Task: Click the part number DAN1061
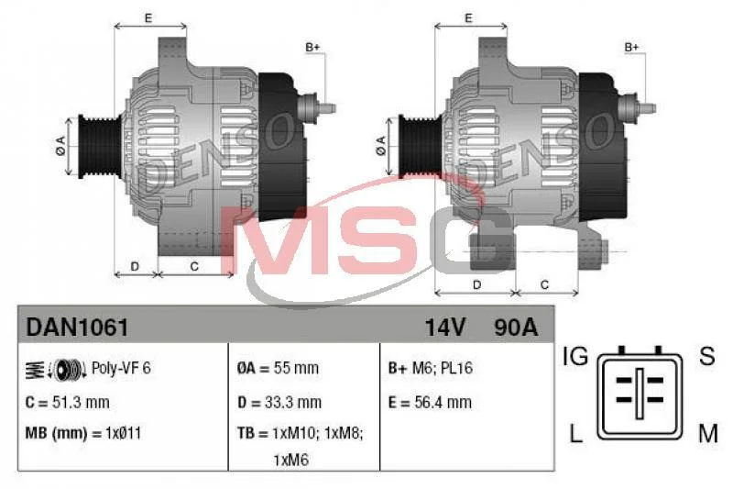coord(77,328)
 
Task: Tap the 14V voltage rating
coord(445,328)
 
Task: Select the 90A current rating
coord(516,328)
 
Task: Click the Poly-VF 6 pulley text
coord(121,368)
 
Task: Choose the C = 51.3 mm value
coord(67,403)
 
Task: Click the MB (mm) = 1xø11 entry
coord(83,433)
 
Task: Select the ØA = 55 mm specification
coord(278,368)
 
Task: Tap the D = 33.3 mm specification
coord(279,403)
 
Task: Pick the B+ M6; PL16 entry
coord(431,368)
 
